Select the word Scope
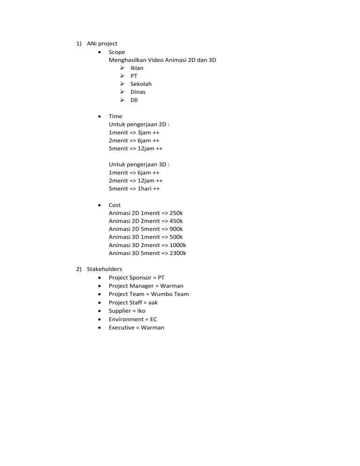[117, 52]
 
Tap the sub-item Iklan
[137, 68]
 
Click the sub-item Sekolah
[141, 84]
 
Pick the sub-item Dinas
[138, 92]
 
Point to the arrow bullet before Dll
[122, 100]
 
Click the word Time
[115, 116]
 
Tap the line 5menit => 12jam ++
[135, 149]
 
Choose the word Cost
[114, 205]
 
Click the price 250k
[176, 213]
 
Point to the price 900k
[176, 229]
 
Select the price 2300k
[178, 253]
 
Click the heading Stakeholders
[104, 269]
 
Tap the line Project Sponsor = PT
[136, 278]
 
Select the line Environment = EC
[133, 319]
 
